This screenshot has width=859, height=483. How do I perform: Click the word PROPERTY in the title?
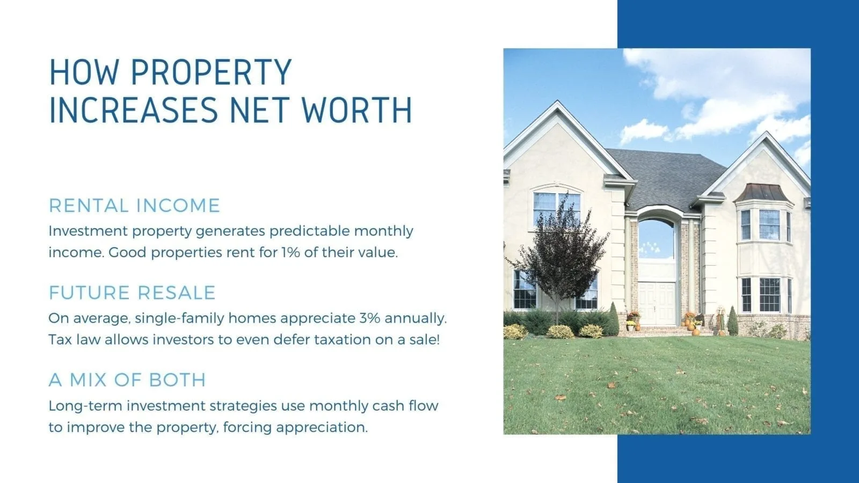pyautogui.click(x=212, y=72)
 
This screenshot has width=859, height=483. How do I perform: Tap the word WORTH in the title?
pyautogui.click(x=357, y=110)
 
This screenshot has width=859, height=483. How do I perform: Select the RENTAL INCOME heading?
pyautogui.click(x=134, y=206)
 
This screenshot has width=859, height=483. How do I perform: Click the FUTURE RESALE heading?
pyautogui.click(x=132, y=293)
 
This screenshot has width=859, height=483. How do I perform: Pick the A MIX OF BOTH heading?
pyautogui.click(x=127, y=380)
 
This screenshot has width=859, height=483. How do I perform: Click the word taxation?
pyautogui.click(x=341, y=340)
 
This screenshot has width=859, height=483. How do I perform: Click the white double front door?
pyautogui.click(x=656, y=303)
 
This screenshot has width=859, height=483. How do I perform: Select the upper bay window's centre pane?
pyautogui.click(x=769, y=225)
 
